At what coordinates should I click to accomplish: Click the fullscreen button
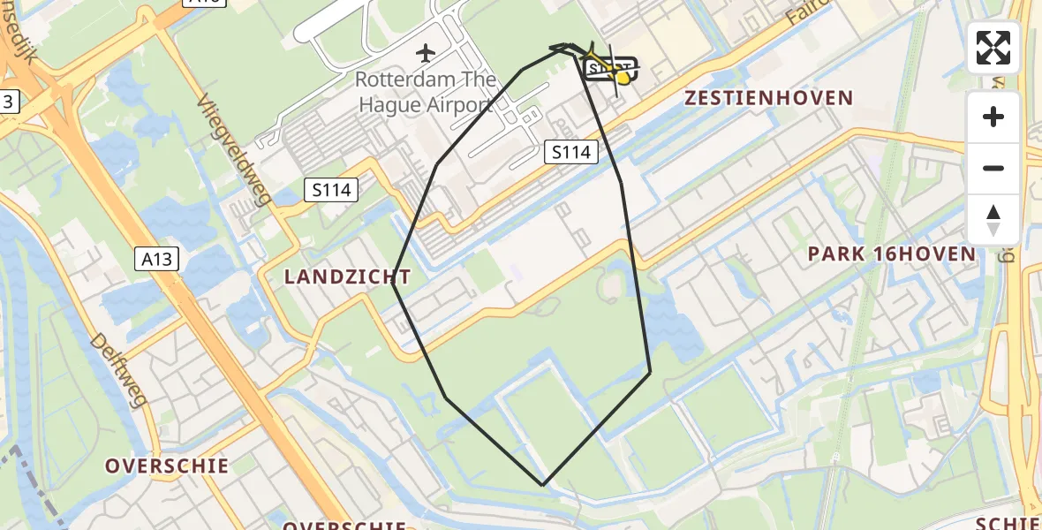(x=993, y=48)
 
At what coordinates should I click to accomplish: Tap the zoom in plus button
(x=993, y=117)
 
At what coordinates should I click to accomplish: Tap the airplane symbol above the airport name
(x=426, y=53)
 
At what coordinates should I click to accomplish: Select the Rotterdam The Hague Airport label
(x=425, y=92)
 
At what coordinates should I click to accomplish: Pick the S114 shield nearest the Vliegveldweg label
(x=331, y=189)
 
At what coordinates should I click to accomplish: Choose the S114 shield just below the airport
(x=570, y=152)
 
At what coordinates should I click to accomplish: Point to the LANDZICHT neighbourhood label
(x=341, y=277)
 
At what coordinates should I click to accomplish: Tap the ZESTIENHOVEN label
(x=768, y=98)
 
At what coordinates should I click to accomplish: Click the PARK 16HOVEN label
(x=892, y=254)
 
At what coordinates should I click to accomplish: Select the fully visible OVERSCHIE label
(x=167, y=466)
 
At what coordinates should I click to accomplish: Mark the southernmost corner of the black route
(x=543, y=485)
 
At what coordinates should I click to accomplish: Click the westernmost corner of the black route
(x=393, y=282)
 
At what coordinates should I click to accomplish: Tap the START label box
(x=608, y=68)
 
